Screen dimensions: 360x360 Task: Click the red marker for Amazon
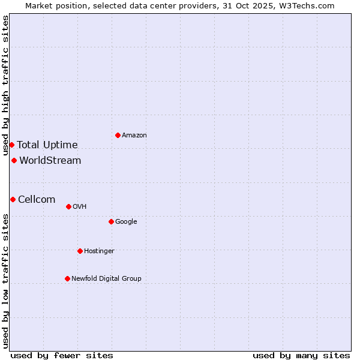point(118,135)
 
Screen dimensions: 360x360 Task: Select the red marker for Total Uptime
point(11,145)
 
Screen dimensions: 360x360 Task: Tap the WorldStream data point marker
point(14,160)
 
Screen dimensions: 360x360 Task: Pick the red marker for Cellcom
point(13,199)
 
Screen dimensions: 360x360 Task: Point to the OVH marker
point(68,206)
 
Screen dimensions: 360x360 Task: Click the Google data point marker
point(111,221)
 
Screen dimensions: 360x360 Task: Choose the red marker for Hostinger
point(80,251)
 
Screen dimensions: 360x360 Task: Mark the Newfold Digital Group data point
point(67,278)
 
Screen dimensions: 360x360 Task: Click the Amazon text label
point(134,135)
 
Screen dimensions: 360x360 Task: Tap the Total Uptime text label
point(47,145)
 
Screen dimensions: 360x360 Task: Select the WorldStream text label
point(50,160)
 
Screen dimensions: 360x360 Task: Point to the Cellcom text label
point(37,199)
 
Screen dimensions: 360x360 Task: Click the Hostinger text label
point(99,251)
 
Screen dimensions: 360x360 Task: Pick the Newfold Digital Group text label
point(106,278)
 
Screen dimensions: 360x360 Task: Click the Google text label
point(126,221)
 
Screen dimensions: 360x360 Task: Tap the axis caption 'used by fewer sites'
point(62,355)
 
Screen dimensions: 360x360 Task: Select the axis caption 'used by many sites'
point(301,355)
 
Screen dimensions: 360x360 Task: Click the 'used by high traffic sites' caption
point(5,85)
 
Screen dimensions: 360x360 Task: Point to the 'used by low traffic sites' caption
point(5,280)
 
